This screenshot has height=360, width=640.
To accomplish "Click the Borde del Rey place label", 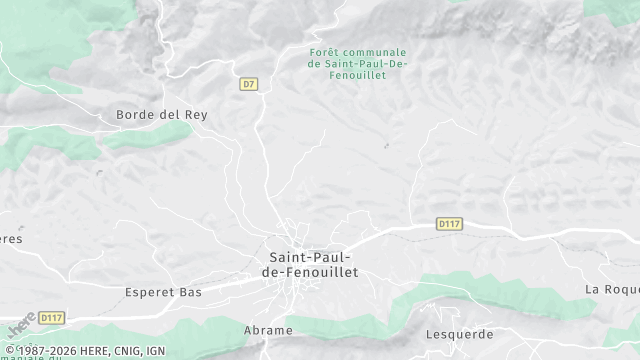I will point(161,115).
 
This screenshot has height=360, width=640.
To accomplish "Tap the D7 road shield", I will point(250,84).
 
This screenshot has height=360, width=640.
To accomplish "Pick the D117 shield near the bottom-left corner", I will point(51,318).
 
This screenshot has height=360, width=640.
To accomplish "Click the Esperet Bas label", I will point(163,292).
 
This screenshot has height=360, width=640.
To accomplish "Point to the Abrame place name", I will point(269,330).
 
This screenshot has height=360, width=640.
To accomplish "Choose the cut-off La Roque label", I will point(611,289).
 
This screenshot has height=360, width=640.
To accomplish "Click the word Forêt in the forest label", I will point(326,52).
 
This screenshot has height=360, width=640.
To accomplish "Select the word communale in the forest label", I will point(381,52).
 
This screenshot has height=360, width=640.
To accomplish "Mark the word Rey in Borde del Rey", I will point(196,115).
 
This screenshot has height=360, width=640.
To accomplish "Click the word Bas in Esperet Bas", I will point(190,292).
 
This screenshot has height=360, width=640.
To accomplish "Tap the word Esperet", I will point(150,292).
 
